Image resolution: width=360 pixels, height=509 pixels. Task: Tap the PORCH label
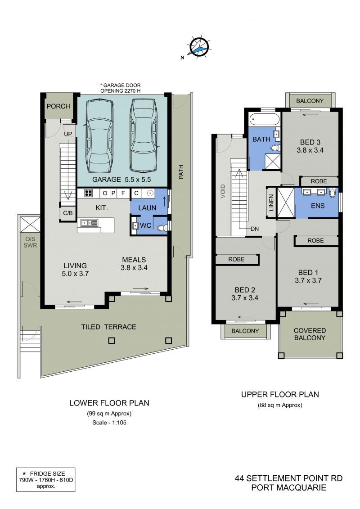[58, 106]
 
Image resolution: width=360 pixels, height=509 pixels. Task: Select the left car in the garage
[99, 137]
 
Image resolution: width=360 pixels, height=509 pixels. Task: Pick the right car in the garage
[143, 135]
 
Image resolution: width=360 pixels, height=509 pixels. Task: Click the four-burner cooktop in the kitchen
[88, 193]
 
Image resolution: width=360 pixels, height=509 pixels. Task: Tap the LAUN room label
[147, 208]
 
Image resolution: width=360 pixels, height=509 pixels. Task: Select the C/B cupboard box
[68, 213]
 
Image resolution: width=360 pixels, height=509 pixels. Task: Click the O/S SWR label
[30, 242]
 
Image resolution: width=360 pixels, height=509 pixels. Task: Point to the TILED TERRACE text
[109, 327]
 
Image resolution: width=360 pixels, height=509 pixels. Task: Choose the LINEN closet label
[271, 203]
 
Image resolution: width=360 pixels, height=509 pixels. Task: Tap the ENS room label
[318, 206]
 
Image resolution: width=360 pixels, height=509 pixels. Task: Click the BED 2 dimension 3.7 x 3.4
[245, 297]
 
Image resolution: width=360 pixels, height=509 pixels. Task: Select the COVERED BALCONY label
[310, 334]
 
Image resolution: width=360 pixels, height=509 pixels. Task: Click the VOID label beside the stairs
[223, 191]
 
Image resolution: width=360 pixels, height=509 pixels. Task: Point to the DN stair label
[255, 229]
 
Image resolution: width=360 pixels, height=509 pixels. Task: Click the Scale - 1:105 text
[109, 423]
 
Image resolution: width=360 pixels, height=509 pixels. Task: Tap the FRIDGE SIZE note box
[46, 480]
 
